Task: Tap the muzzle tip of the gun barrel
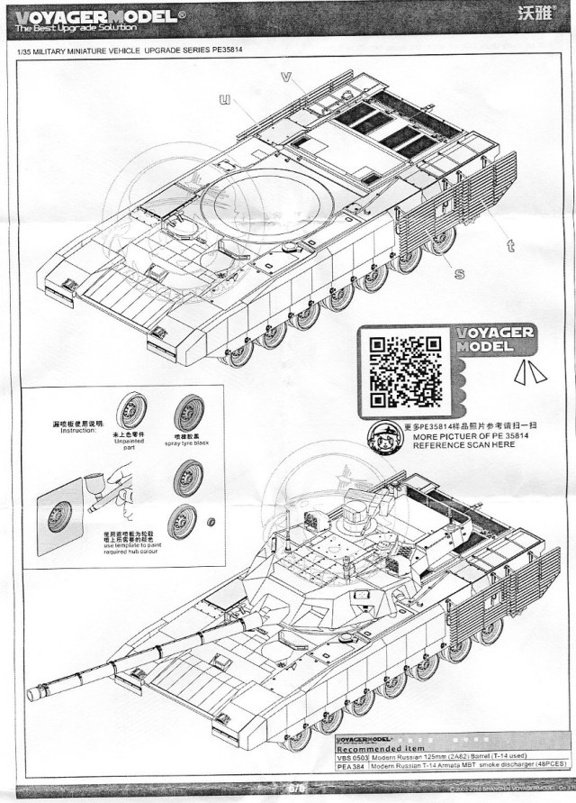(33, 694)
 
